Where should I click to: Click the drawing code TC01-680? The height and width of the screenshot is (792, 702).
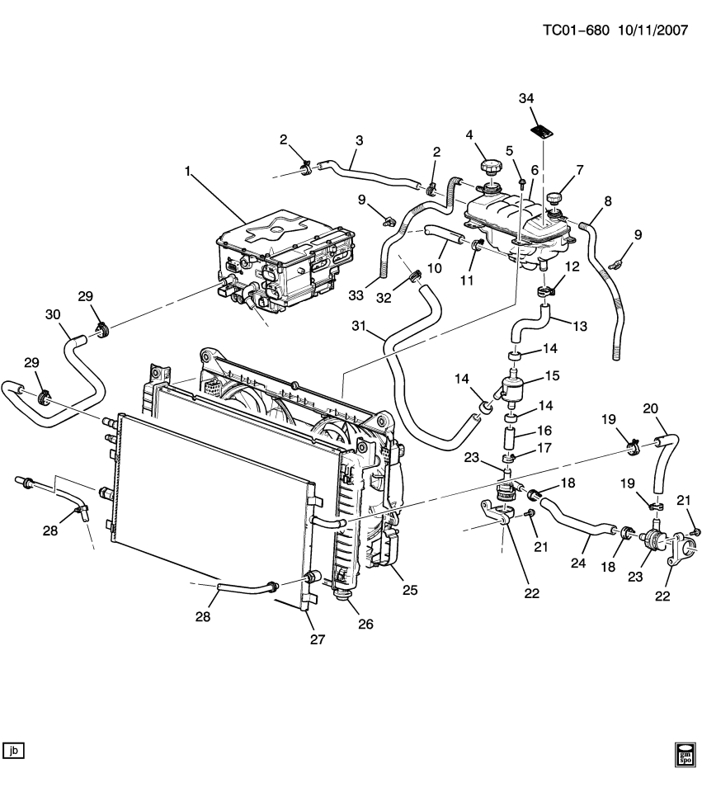pos(576,31)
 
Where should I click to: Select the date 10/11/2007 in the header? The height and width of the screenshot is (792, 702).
pos(652,31)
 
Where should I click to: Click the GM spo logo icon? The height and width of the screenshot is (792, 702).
pos(686,754)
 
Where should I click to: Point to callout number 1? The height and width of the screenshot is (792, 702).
pos(187,172)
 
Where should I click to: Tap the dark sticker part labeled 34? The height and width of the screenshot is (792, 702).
pos(540,130)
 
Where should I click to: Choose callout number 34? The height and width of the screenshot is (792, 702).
pos(527,99)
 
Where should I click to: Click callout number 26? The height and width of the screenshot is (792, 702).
pos(365,624)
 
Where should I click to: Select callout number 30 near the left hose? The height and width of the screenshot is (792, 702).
pos(53,314)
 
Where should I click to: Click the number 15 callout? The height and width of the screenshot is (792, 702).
pos(551,375)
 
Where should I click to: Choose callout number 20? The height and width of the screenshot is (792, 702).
pos(650,408)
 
